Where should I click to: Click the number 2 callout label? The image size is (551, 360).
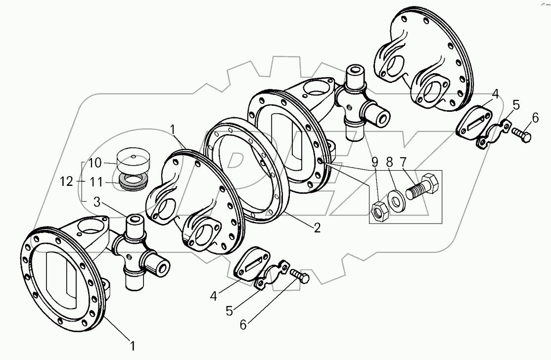pyautogui.click(x=317, y=228)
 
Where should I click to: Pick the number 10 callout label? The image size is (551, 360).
pyautogui.click(x=95, y=163)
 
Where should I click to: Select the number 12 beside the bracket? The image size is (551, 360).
pyautogui.click(x=68, y=181)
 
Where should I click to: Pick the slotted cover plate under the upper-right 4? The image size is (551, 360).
pyautogui.click(x=474, y=120)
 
